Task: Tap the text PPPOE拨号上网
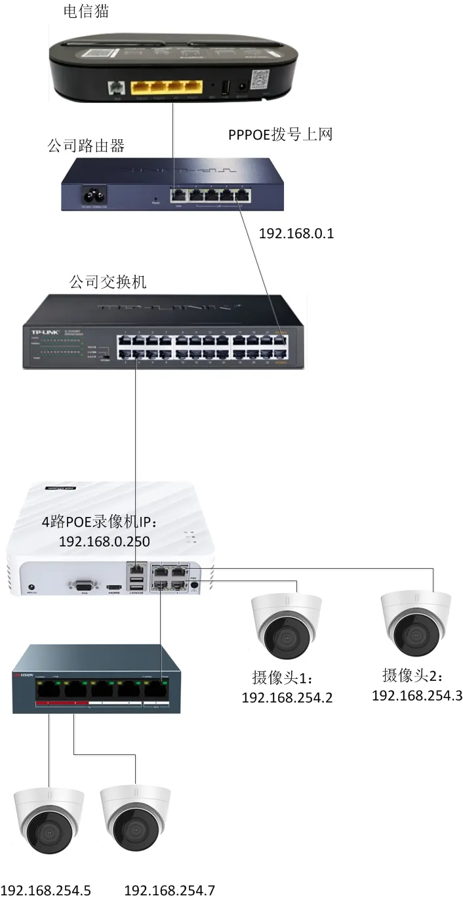tap(281, 134)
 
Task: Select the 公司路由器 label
tap(86, 146)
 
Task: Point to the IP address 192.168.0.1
tap(296, 233)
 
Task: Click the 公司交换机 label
tap(108, 282)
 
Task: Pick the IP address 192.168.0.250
tap(104, 542)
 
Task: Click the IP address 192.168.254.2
tap(287, 697)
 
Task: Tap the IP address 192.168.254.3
tap(417, 695)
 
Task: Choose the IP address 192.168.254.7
tap(169, 890)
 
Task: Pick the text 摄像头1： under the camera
tap(283, 677)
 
